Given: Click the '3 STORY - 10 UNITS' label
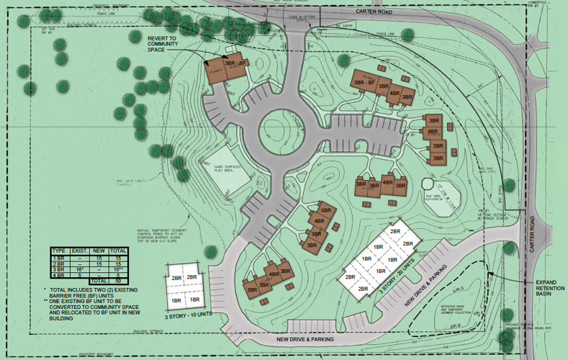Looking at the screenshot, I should click(188, 316).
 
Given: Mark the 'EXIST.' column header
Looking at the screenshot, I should click(80, 250).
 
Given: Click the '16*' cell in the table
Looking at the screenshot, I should click(80, 268).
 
